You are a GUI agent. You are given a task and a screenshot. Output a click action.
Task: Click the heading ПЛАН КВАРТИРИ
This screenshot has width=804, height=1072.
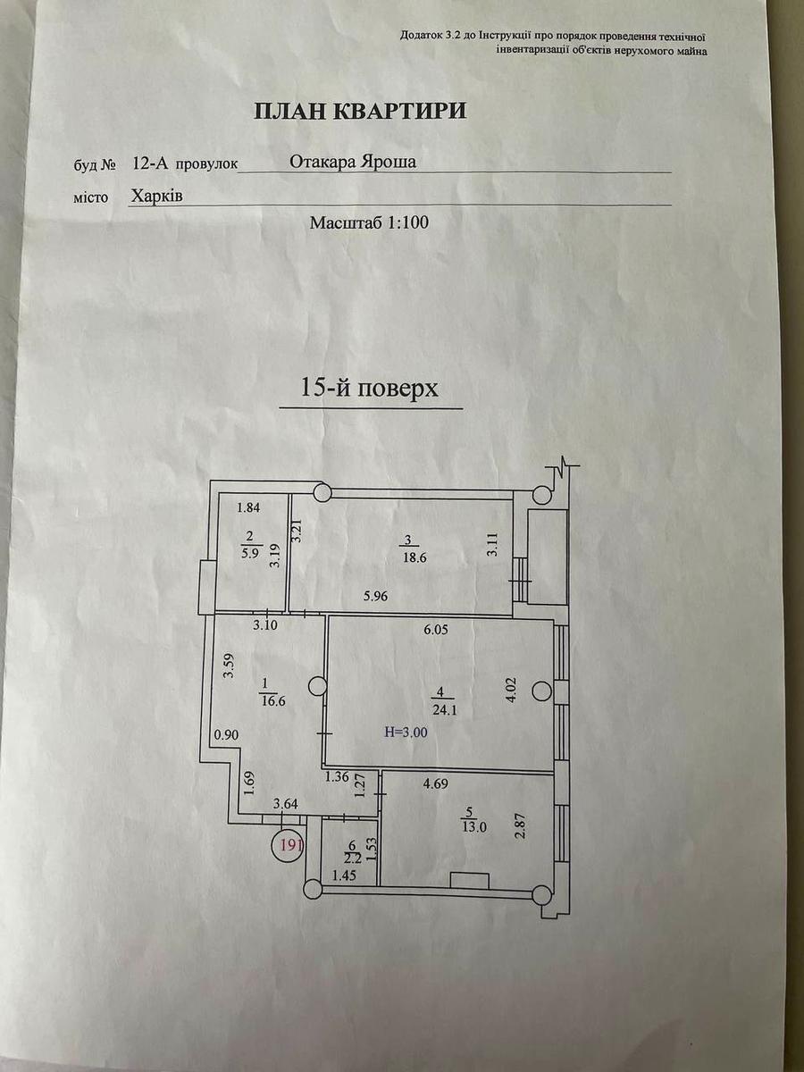pyautogui.click(x=360, y=111)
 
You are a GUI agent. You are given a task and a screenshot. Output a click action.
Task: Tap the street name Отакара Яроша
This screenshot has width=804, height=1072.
pyautogui.click(x=354, y=162)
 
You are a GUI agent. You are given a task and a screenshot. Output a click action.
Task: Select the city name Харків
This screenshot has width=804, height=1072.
pyautogui.click(x=156, y=196)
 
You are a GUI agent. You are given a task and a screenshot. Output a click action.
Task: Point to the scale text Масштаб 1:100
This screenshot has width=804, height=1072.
pyautogui.click(x=369, y=222)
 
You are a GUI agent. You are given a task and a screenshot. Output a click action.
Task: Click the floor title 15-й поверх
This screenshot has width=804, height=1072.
pyautogui.click(x=369, y=389)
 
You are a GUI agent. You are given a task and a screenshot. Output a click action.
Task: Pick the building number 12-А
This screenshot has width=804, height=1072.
pyautogui.click(x=147, y=163)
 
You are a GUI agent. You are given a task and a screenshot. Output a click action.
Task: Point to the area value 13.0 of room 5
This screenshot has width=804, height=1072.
pyautogui.click(x=473, y=826)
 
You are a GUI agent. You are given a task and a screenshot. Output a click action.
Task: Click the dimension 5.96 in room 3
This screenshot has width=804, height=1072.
pyautogui.click(x=378, y=595)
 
